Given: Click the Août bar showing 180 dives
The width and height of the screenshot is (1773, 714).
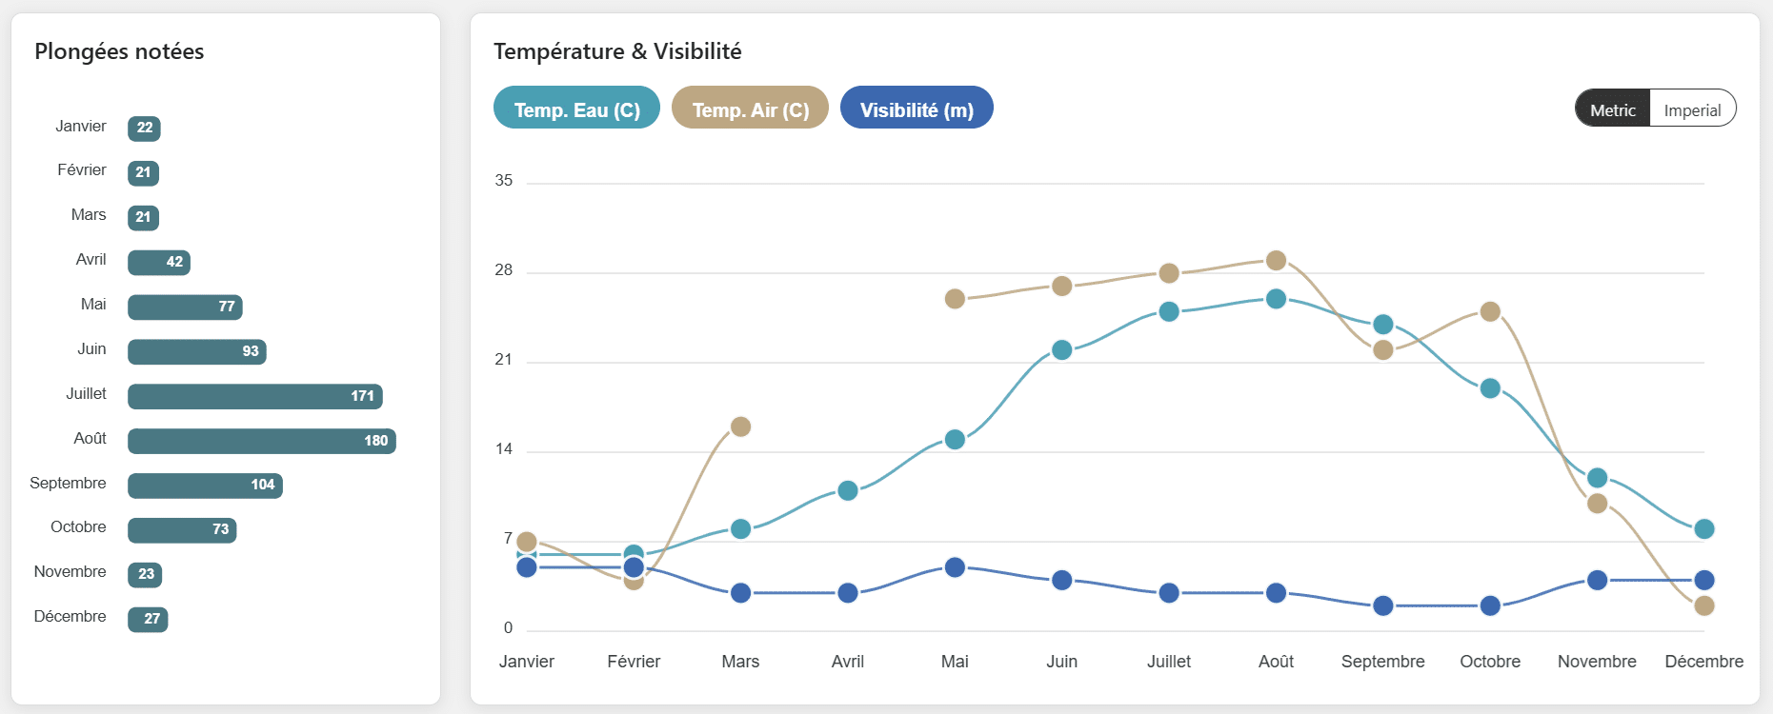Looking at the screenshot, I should [261, 441].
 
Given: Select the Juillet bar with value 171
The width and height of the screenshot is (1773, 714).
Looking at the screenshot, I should [254, 396].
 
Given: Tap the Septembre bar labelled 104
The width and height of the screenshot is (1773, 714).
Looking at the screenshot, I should [205, 486].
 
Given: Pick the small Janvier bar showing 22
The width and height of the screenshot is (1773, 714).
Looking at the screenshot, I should [144, 129].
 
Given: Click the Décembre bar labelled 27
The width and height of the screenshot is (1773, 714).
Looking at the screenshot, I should [148, 620].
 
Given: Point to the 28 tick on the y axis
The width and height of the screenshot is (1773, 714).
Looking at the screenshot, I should [503, 270].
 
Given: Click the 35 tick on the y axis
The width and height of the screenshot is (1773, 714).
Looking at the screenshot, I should [503, 181].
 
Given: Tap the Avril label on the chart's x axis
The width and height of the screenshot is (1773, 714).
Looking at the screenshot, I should [847, 662].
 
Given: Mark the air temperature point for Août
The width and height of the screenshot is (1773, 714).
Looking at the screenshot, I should [1276, 261].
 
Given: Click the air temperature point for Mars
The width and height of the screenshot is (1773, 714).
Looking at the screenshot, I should [740, 426].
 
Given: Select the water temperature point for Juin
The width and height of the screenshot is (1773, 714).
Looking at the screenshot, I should [1061, 350].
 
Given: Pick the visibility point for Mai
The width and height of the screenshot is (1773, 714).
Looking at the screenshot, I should [955, 567].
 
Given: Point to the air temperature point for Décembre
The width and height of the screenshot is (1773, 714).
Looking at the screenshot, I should [1703, 605].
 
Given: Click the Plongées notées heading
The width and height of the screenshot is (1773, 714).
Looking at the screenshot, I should [119, 51].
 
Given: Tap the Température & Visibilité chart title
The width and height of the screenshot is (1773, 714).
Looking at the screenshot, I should [617, 51].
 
